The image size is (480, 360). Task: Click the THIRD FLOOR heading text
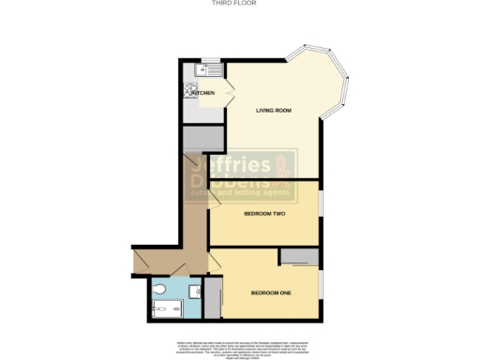(239, 4)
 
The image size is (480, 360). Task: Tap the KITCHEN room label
(204, 94)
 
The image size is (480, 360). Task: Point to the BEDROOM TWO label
(264, 214)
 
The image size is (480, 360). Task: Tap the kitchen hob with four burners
(191, 91)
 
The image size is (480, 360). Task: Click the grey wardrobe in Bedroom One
(300, 257)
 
